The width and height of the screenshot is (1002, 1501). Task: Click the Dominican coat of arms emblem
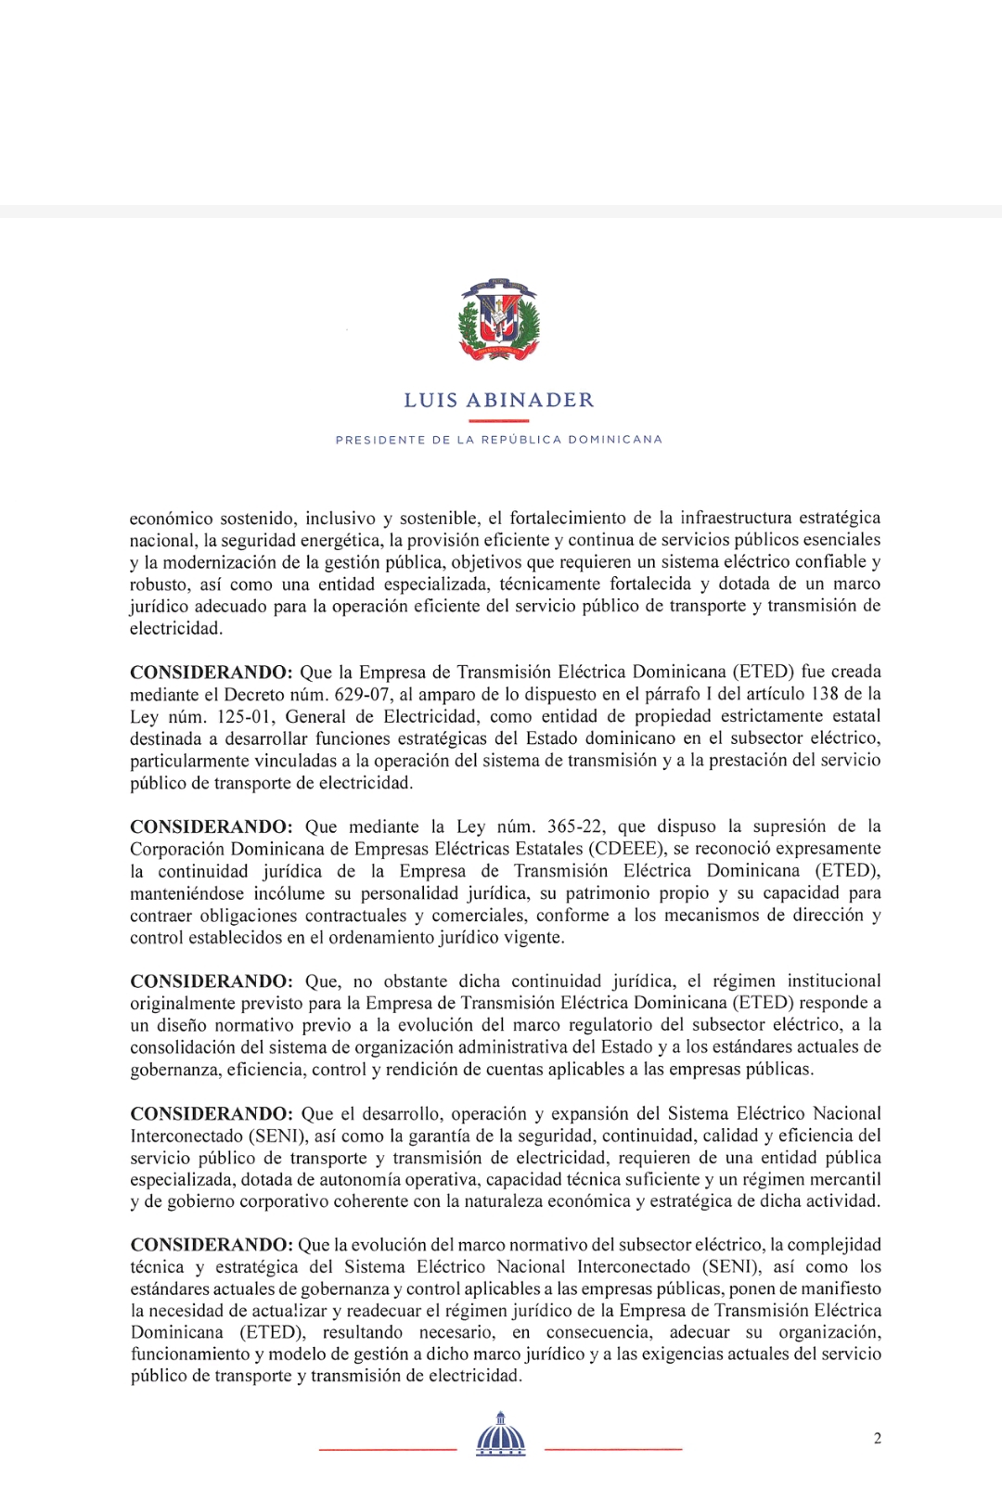click(x=499, y=320)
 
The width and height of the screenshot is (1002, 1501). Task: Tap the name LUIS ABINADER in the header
click(x=499, y=401)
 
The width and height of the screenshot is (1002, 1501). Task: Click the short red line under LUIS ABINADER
click(x=499, y=420)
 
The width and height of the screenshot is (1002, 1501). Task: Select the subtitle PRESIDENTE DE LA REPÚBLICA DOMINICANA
click(x=499, y=440)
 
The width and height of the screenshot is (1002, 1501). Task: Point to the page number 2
click(x=877, y=1439)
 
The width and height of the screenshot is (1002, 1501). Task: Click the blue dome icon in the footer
click(x=501, y=1436)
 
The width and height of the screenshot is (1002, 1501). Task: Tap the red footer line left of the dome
click(x=388, y=1448)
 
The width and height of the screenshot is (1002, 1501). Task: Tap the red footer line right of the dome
click(x=613, y=1448)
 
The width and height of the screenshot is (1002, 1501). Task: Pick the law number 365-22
click(x=576, y=827)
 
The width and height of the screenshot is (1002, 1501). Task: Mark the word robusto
click(x=158, y=584)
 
